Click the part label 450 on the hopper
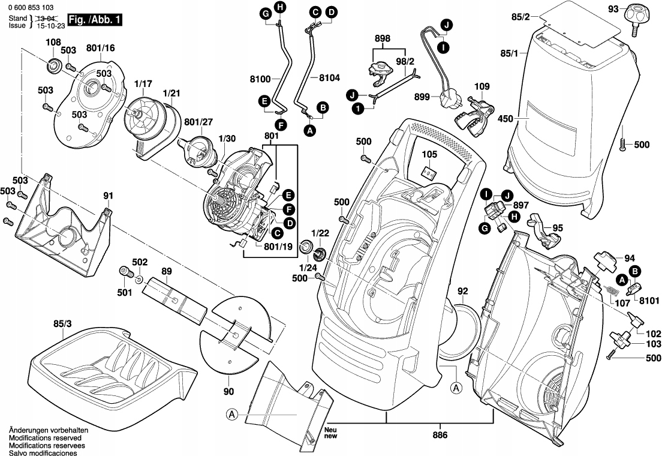[505, 119]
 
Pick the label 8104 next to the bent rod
[329, 77]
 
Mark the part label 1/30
[227, 139]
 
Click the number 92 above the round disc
[462, 292]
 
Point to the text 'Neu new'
[331, 434]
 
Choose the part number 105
[429, 155]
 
